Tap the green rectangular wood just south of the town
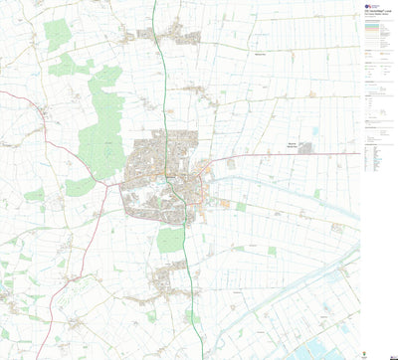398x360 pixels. tap(171, 239)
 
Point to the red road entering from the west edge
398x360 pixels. tap(20, 94)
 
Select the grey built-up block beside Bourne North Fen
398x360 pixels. tap(305, 148)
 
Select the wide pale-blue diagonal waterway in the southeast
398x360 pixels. tap(298, 288)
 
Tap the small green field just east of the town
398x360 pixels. tap(240, 207)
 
